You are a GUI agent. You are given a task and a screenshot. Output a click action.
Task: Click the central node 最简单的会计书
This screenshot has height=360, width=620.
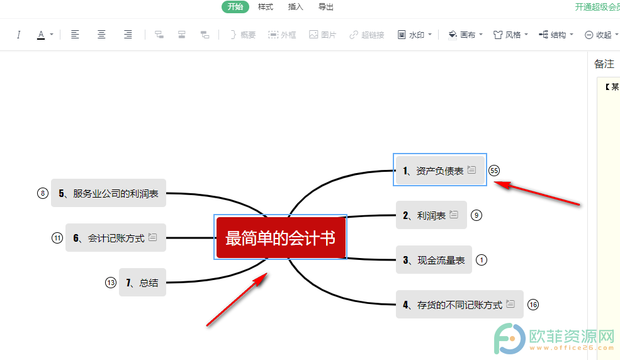[280, 237]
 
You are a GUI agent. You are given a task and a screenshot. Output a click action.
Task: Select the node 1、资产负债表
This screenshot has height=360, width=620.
[440, 171]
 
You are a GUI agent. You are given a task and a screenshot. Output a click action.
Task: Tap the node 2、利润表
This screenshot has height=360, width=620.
[431, 215]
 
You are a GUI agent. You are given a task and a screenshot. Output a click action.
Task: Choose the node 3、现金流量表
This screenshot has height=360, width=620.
[434, 260]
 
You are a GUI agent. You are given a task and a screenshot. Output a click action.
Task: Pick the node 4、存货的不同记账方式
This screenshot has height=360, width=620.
[459, 304]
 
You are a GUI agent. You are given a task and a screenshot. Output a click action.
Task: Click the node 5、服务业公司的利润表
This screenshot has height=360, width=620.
[108, 193]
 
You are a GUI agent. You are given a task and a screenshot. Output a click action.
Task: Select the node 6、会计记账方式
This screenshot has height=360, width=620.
[115, 237]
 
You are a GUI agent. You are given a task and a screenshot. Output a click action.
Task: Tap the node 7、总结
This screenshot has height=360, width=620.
[142, 282]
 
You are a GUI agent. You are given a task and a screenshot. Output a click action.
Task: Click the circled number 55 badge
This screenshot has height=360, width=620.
[494, 171]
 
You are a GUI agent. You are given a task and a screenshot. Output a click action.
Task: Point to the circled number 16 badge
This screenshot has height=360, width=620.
[533, 305]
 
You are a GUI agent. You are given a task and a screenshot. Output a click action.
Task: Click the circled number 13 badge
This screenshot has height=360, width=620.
[111, 283]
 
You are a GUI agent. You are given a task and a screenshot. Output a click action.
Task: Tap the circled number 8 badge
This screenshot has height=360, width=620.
[43, 193]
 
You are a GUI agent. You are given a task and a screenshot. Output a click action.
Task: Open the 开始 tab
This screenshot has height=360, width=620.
[235, 7]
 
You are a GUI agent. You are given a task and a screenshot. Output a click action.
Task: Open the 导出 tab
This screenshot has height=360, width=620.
[326, 7]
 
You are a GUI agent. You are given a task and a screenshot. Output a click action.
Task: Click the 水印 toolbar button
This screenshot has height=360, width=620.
[414, 35]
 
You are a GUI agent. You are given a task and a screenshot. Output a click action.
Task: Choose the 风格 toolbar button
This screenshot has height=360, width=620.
[510, 35]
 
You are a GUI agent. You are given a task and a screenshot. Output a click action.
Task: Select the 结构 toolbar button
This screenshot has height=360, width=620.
[556, 35]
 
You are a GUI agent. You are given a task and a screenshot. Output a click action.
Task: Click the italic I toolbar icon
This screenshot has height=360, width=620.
[18, 35]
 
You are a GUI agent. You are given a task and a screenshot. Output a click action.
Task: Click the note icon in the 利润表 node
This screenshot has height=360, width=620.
[454, 215]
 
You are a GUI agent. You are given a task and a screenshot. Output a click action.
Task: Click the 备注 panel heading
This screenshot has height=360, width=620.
[604, 64]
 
